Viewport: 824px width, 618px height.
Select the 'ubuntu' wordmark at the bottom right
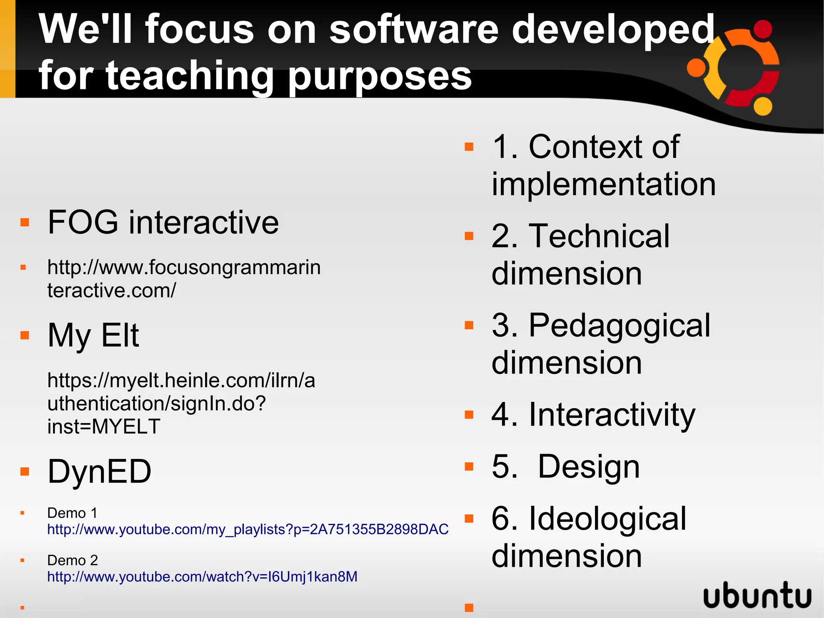[x=757, y=595]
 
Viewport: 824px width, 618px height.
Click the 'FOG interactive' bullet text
[x=163, y=222]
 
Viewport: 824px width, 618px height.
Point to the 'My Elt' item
[x=93, y=335]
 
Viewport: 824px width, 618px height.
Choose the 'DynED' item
[x=99, y=471]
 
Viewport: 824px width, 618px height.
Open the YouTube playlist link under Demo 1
[x=247, y=529]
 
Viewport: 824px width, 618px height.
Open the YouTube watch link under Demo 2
[x=202, y=577]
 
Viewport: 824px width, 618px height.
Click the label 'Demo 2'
[x=72, y=560]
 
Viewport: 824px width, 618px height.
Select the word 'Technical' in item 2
[x=599, y=236]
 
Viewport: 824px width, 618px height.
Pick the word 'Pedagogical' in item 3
[x=620, y=325]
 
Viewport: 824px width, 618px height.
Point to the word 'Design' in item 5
[x=589, y=466]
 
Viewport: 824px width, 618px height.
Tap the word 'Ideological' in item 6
[x=608, y=519]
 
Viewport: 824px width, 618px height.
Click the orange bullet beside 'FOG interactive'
[x=25, y=222]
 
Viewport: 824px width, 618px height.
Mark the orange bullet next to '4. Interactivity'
[x=469, y=415]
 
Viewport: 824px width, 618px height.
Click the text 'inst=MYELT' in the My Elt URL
[x=104, y=426]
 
